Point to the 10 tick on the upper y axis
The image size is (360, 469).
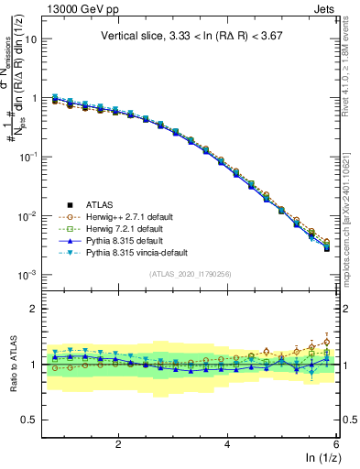[31, 39]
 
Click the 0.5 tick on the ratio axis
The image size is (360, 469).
[29, 420]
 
